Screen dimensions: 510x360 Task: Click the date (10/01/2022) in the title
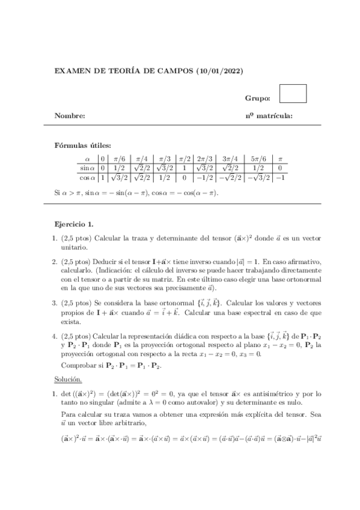pos(219,72)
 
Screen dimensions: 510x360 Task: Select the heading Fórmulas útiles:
pos(83,145)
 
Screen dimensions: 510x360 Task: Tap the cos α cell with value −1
pos(279,177)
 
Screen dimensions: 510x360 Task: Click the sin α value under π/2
pos(185,168)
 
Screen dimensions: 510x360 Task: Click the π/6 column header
pos(120,158)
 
